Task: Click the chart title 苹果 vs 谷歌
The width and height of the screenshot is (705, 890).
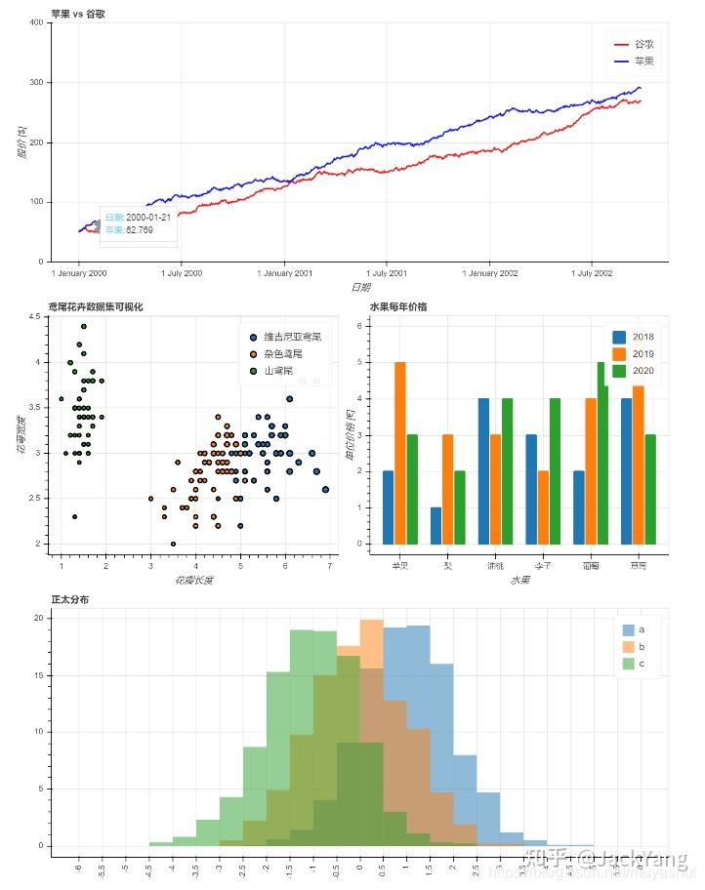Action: coord(81,13)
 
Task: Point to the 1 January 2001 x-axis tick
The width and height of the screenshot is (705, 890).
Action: coord(284,273)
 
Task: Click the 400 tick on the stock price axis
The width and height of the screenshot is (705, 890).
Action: coord(35,23)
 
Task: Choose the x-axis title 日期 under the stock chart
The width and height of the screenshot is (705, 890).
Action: coord(359,287)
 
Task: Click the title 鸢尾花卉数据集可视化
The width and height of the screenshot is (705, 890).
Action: coord(97,307)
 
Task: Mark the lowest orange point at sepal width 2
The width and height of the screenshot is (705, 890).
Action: coord(173,544)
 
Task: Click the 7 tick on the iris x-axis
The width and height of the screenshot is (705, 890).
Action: coord(329,567)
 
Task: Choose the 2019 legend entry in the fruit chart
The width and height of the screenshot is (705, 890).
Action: coord(643,353)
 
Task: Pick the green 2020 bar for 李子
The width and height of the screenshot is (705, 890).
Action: coord(555,470)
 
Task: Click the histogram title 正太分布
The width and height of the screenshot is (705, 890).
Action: coord(69,599)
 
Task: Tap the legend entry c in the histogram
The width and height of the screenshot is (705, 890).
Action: coord(641,664)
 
